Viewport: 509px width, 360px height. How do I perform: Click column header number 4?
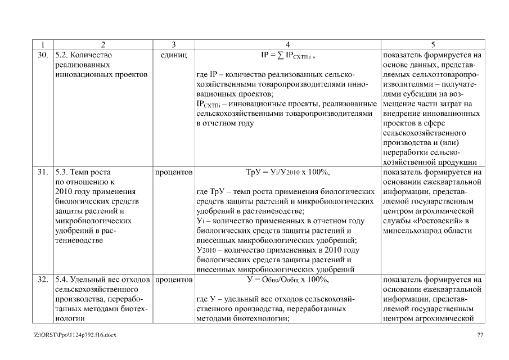tap(287, 45)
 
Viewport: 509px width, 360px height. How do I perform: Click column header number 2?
tap(103, 45)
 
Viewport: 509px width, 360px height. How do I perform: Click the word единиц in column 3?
tap(174, 55)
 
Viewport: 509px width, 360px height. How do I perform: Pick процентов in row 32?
tap(174, 279)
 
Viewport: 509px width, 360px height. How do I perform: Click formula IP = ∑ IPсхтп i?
tap(287, 56)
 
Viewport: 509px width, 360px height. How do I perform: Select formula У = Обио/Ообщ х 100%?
tap(287, 279)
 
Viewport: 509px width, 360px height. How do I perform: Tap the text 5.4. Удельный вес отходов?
tap(102, 279)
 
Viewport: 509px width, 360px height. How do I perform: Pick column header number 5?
tap(432, 45)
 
